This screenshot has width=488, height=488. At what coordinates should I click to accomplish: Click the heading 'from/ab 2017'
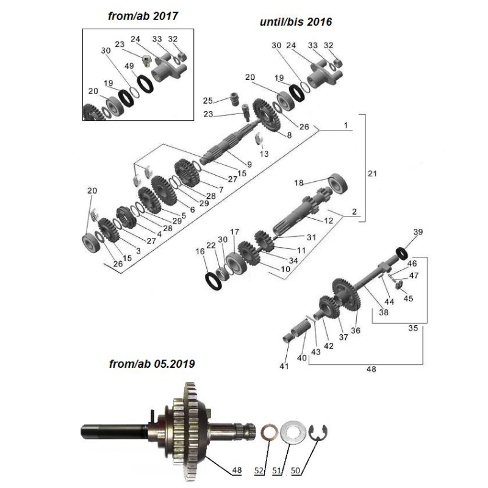click(143, 16)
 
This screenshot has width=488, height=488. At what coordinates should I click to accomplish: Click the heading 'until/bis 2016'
click(296, 22)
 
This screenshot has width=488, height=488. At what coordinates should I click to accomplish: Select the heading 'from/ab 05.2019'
click(152, 364)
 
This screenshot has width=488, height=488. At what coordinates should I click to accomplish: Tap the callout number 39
click(418, 232)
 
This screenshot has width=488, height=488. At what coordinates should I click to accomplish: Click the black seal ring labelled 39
click(402, 253)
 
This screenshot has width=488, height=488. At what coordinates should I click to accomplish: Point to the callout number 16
click(200, 251)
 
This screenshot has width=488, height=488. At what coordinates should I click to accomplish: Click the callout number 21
click(372, 173)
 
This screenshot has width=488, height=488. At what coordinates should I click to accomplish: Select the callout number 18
click(299, 182)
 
